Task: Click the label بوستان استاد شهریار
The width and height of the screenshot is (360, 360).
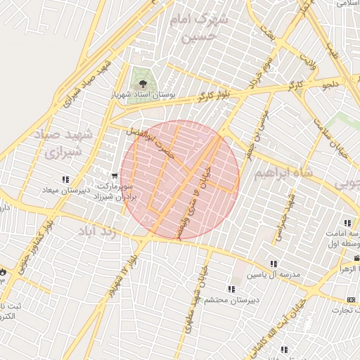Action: (146, 93)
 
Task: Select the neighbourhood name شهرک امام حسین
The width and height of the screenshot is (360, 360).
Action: (203, 27)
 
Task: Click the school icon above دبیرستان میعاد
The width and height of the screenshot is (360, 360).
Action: (66, 180)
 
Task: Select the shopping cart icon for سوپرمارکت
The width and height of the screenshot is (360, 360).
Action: (115, 176)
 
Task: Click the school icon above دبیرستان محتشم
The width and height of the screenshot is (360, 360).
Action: (231, 289)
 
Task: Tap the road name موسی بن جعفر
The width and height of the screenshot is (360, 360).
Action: (257, 122)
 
